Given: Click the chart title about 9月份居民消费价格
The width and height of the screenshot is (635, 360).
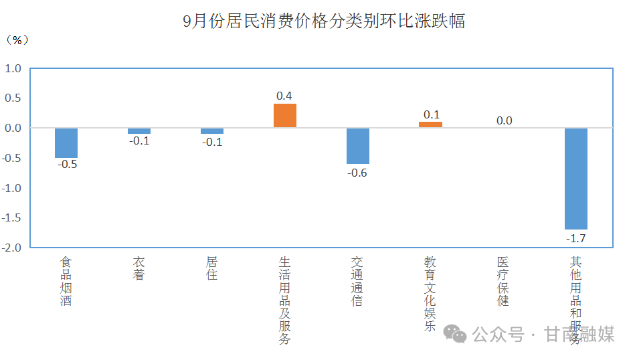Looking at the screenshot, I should coord(324,21).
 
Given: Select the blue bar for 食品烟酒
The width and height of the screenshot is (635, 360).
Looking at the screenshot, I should coord(66,143).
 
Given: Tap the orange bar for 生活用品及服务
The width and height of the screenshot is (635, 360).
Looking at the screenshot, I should coord(284,115).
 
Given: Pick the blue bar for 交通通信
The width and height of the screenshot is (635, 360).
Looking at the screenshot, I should coord(357,145).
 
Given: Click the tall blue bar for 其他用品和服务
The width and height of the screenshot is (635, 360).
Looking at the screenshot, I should coord(575,178).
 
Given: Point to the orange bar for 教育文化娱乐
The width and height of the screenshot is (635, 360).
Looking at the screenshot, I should coord(430,124).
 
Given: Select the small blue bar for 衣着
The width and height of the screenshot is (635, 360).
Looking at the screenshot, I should coord(139,130).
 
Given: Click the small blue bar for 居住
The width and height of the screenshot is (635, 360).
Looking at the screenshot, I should coord(212,130).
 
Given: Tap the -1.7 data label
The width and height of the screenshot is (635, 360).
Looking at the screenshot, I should coord(575,238).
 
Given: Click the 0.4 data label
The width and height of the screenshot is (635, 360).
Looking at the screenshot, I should coord(284,96).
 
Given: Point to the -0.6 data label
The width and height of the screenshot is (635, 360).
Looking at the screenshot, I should coord(357,173).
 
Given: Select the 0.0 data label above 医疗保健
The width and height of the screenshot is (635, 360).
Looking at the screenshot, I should coord(504,120).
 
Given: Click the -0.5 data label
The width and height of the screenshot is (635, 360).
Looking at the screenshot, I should coord(67,165).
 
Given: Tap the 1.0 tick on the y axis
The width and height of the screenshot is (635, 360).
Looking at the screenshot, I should coord(13,68).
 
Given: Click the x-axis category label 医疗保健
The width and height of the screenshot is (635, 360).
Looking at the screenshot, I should coord(503,280).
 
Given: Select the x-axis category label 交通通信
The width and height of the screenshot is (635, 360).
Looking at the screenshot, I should coord(357,280).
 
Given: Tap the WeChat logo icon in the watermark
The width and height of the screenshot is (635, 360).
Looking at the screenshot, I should coord(458,333).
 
